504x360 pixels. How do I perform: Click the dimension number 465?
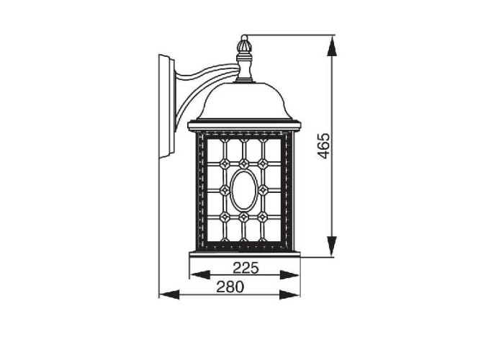coord(324,145)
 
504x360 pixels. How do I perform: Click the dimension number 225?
coord(246,268)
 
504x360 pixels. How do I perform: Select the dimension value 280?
coord(230,287)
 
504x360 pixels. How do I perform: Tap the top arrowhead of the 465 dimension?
coord(332,47)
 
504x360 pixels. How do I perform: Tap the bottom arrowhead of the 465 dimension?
coord(332,246)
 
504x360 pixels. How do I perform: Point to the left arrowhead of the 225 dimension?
coord(200,275)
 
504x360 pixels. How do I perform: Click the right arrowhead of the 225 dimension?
coord(289,275)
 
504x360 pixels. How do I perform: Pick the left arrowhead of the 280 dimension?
coord(169,294)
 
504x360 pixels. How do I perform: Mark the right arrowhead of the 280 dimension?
coord(289,294)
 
